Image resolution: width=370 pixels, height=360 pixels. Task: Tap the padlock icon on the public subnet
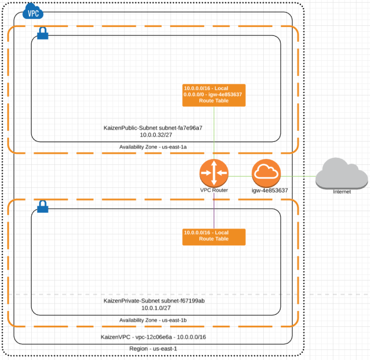pos(43,33)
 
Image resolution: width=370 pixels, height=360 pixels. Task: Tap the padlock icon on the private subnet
pos(43,206)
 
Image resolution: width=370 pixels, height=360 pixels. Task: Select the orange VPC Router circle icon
pos(214,173)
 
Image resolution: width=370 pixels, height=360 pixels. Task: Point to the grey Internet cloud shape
pos(341,175)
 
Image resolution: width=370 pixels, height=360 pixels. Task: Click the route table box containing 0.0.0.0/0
pos(214,94)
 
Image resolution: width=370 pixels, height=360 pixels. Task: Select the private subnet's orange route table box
pos(214,235)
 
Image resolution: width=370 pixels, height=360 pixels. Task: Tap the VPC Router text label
pos(214,190)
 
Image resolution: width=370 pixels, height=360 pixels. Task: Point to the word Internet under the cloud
pos(341,192)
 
